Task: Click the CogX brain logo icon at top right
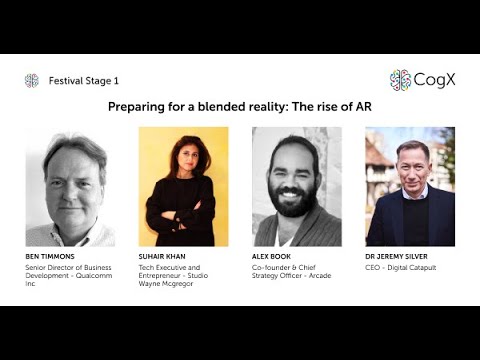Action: pos(400,80)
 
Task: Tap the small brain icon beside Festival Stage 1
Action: pos(32,81)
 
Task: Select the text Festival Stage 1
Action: pos(83,81)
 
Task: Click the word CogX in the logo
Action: pos(435,80)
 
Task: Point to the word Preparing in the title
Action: pos(137,106)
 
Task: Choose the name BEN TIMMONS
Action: pos(50,257)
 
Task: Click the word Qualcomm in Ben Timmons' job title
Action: pos(86,277)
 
